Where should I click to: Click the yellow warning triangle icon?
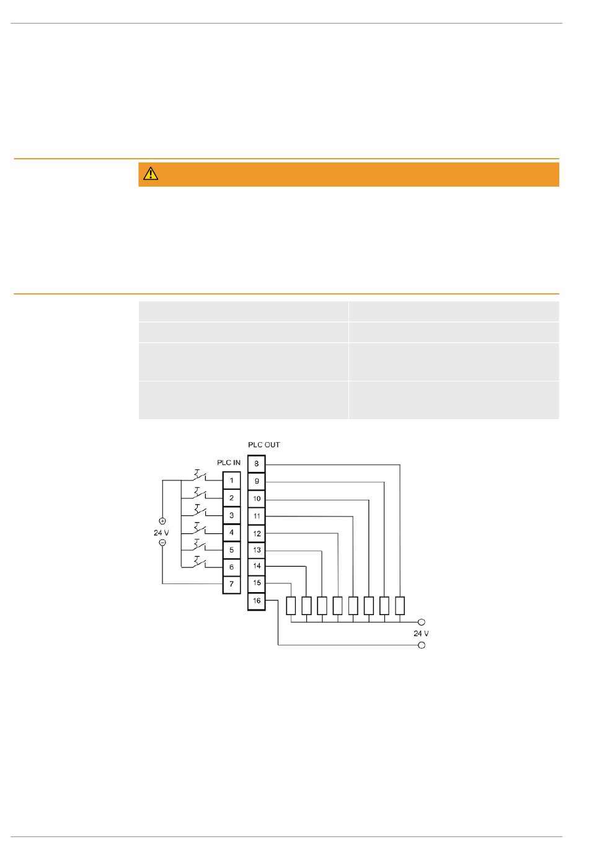[x=151, y=174]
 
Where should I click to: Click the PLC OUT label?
[x=263, y=445]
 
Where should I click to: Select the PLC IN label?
[x=228, y=463]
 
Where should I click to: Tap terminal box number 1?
[x=231, y=481]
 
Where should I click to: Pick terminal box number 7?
[x=231, y=584]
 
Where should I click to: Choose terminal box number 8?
[x=257, y=464]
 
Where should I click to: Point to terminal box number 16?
[x=257, y=601]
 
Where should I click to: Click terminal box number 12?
[x=257, y=533]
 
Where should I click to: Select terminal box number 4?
[x=231, y=533]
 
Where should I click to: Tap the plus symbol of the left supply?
[x=162, y=521]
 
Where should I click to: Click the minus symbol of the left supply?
[x=162, y=543]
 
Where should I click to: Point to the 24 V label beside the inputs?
[x=161, y=533]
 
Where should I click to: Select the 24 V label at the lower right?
[x=421, y=634]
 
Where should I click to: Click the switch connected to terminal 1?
[x=199, y=476]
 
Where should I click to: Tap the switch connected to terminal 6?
[x=199, y=562]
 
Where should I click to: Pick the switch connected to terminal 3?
[x=199, y=511]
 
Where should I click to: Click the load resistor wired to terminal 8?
[x=400, y=606]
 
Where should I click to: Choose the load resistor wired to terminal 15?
[x=291, y=606]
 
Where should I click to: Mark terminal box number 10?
[x=257, y=499]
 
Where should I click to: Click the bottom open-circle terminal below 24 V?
[x=421, y=645]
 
